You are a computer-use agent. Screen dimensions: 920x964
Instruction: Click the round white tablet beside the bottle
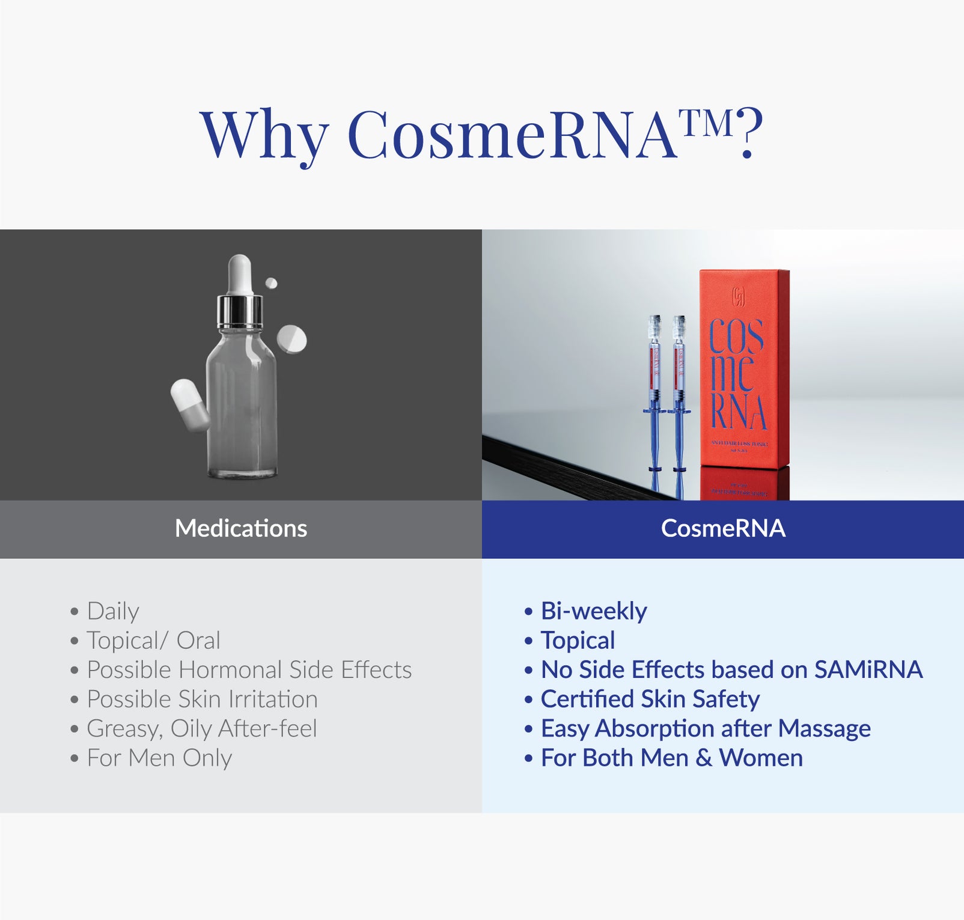(292, 339)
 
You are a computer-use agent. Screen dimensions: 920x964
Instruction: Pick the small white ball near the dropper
(271, 283)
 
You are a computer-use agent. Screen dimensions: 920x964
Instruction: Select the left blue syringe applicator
(654, 391)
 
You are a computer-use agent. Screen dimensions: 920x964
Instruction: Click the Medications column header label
(241, 529)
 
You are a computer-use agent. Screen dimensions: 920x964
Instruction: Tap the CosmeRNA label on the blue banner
(723, 529)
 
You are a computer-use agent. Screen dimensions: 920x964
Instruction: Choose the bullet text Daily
(113, 611)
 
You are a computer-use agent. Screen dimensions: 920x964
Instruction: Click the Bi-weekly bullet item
(594, 611)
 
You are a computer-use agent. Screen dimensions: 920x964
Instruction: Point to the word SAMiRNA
(868, 670)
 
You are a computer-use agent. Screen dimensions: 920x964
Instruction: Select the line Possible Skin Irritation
(202, 699)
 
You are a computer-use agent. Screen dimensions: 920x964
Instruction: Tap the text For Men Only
(159, 758)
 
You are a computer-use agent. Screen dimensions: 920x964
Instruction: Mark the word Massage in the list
(824, 729)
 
